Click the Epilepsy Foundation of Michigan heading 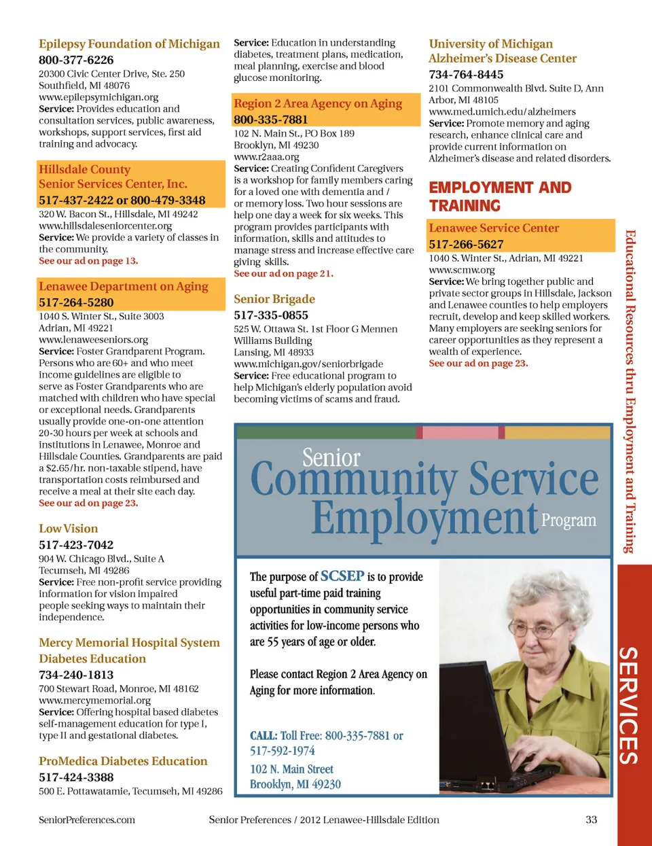point(129,44)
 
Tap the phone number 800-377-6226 point(76,60)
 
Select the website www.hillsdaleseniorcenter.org point(105,226)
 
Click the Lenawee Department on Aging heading point(124,287)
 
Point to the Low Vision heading point(69,529)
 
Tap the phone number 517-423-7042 point(76,545)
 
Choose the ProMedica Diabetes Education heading point(123,761)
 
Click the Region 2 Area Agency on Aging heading point(318,103)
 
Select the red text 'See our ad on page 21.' point(283,273)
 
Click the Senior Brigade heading point(274,299)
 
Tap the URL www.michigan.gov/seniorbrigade point(308,364)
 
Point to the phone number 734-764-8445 point(466,74)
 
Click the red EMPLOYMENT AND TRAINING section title point(500,196)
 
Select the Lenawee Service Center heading point(494,228)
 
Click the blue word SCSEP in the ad point(342,576)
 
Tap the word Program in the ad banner point(568,521)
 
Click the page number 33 point(592,819)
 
